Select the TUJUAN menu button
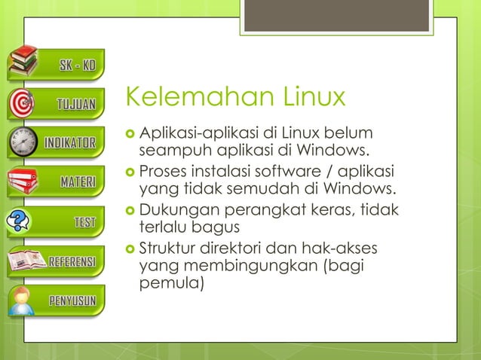(x=76, y=104)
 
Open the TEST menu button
(x=84, y=221)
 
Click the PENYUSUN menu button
(x=72, y=301)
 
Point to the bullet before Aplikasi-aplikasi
(x=131, y=134)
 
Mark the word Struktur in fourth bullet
(x=167, y=249)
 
